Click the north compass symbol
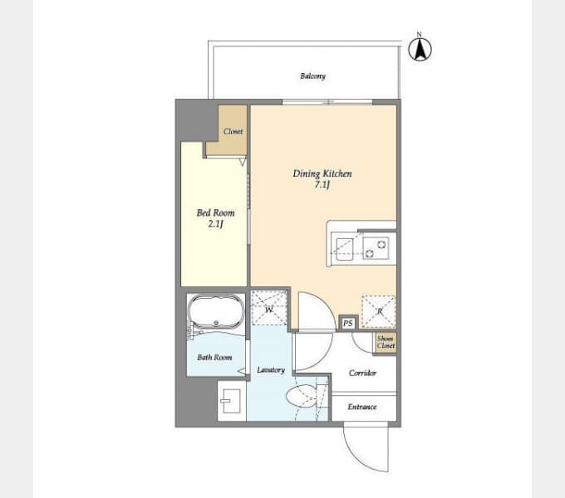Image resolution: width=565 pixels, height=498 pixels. [x=420, y=47]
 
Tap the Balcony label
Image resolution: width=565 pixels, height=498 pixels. [x=312, y=76]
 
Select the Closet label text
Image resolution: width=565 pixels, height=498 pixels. [x=233, y=131]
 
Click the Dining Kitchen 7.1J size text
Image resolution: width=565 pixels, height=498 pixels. [x=322, y=185]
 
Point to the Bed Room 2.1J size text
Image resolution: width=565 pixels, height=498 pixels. [x=215, y=224]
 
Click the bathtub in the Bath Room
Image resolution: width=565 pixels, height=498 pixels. [x=216, y=311]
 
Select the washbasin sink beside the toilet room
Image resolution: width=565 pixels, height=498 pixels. [x=231, y=401]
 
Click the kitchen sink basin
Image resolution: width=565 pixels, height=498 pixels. [x=345, y=249]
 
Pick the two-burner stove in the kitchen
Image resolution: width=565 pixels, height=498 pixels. [x=376, y=248]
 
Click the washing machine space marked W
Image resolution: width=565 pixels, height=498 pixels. [x=269, y=307]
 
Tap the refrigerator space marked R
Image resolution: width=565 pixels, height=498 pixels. [x=379, y=311]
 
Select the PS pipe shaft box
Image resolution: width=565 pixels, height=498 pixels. [x=348, y=323]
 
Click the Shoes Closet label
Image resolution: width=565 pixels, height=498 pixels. [x=386, y=342]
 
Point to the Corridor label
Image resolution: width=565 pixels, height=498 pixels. [x=362, y=373]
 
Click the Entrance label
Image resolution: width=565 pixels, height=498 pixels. [x=362, y=407]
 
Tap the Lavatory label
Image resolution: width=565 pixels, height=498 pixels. [x=271, y=370]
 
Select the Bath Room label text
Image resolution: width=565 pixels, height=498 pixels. [x=214, y=357]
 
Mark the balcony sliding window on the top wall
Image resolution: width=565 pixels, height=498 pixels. [x=327, y=102]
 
